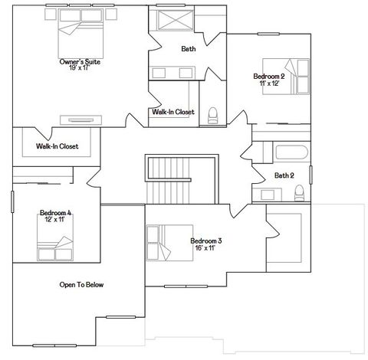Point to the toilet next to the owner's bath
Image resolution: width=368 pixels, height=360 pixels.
212,114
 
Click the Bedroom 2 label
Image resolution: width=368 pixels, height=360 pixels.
269,76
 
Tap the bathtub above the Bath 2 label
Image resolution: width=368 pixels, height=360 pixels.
280,151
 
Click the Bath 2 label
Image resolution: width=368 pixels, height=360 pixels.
284,175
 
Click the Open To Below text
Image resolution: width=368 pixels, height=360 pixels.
81,285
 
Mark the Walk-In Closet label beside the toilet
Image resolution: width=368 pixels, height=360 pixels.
173,112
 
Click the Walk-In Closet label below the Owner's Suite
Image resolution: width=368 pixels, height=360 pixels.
58,146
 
